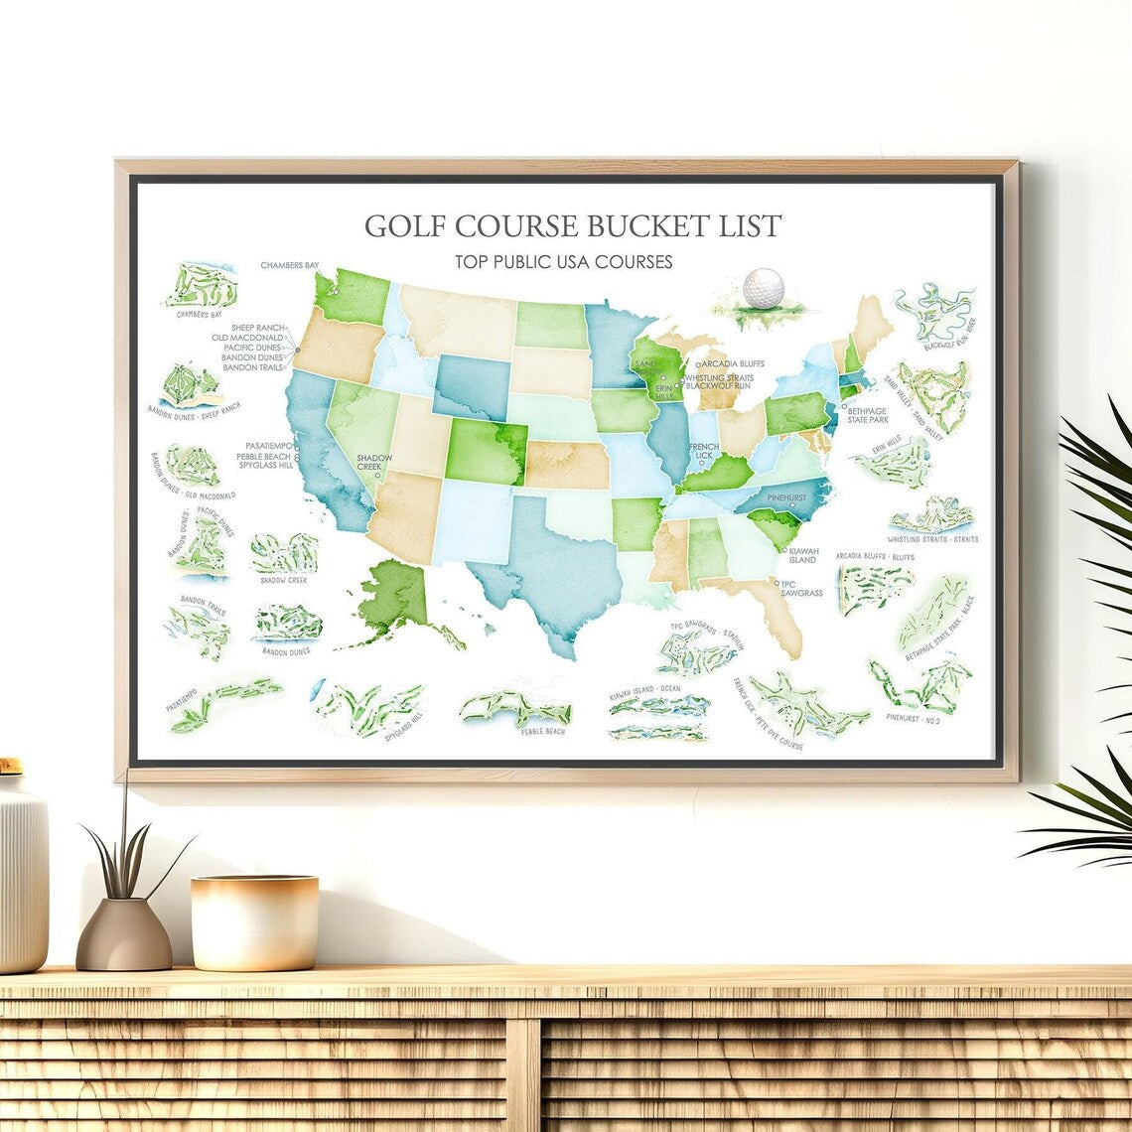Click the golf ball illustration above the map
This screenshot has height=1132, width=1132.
[763, 288]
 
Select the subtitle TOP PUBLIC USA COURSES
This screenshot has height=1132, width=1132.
[564, 262]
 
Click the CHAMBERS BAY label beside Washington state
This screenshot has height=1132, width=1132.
[290, 265]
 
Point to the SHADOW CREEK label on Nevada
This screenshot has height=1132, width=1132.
[374, 462]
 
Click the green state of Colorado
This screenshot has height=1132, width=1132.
[485, 451]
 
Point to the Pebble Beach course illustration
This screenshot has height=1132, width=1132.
[516, 709]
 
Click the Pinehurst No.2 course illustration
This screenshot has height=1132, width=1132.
[920, 684]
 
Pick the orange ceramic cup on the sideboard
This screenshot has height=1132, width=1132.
[255, 922]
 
